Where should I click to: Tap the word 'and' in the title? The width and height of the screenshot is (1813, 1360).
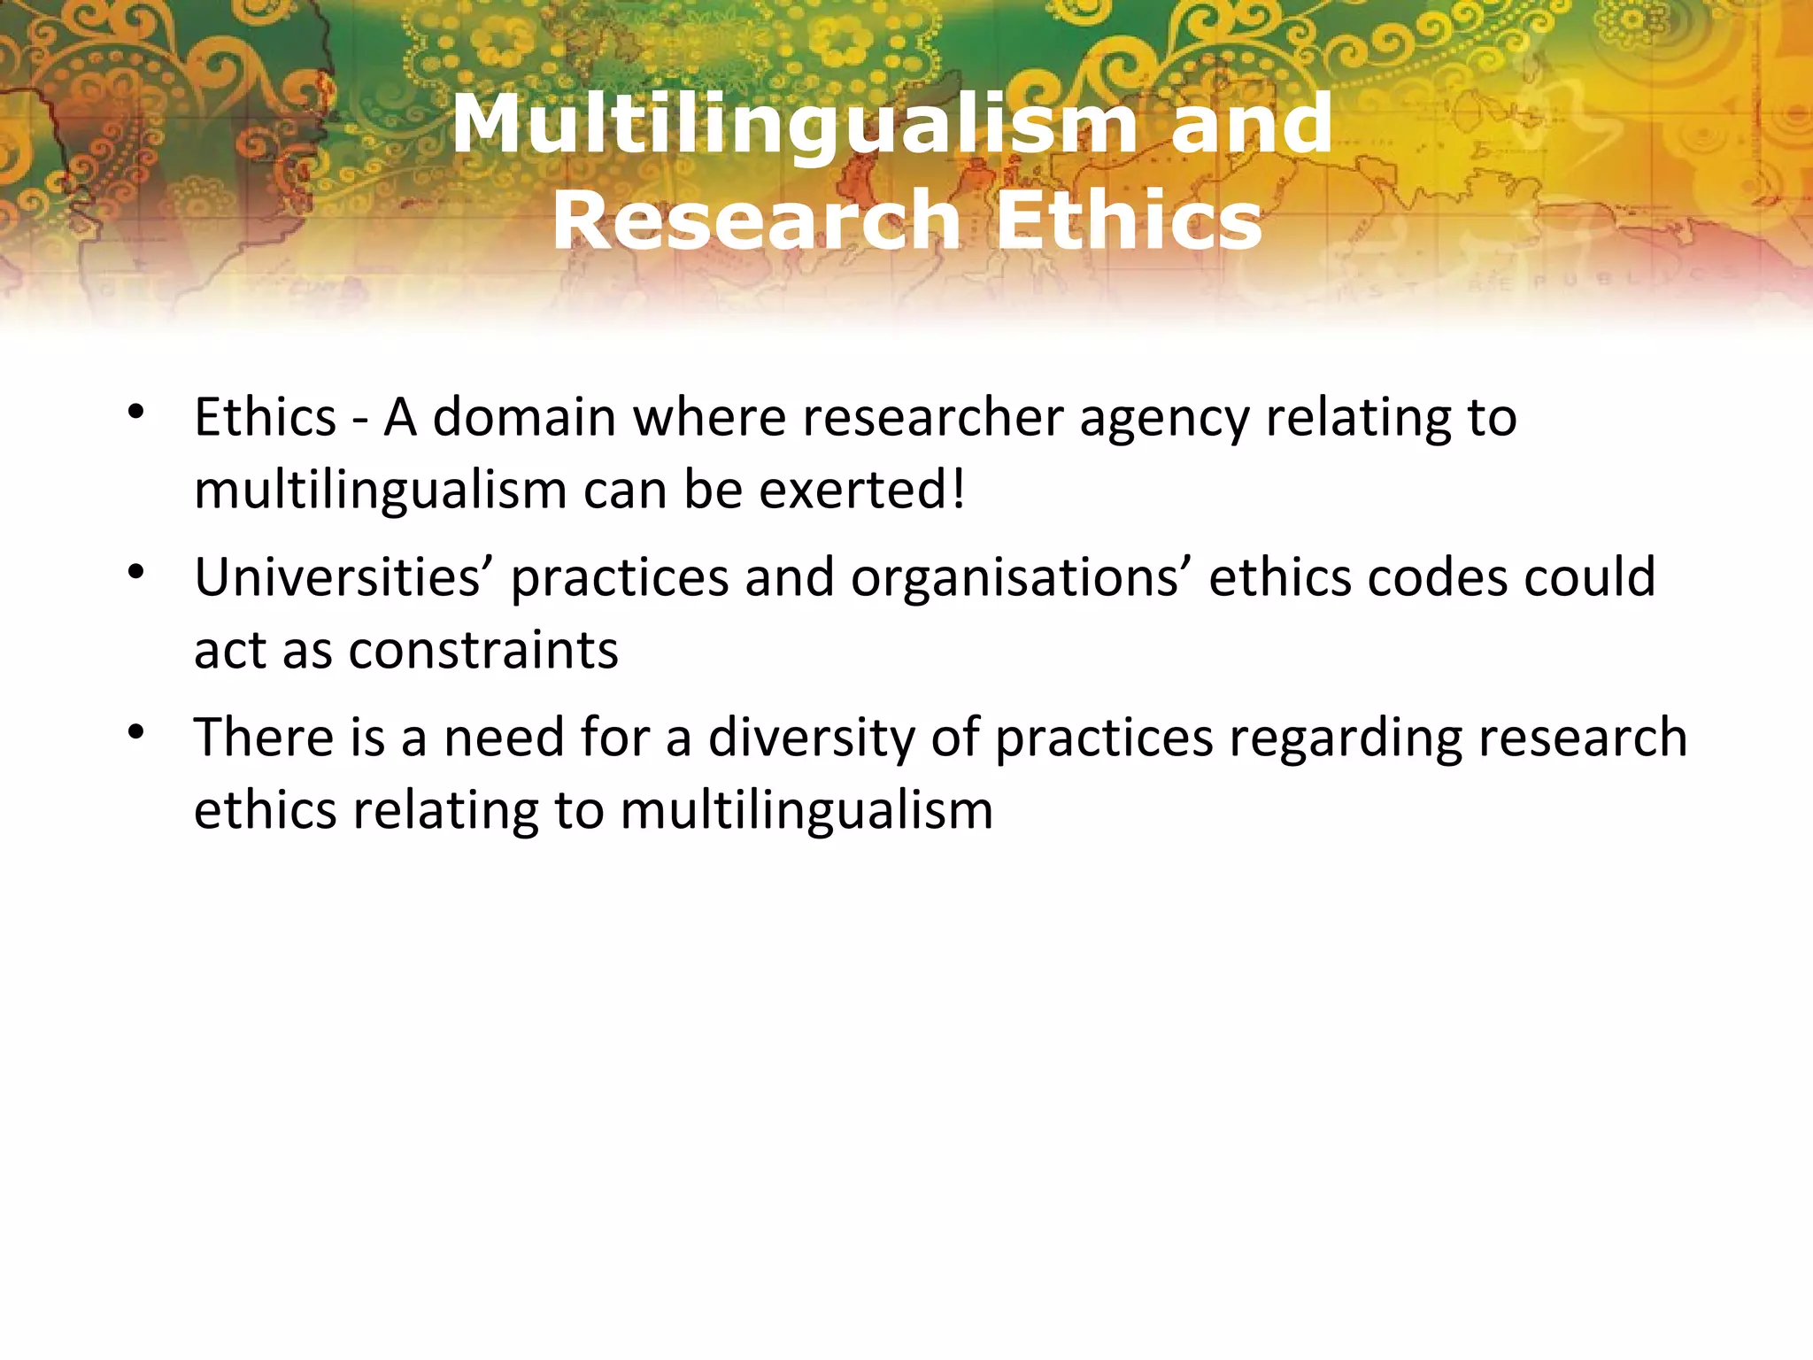point(1251,125)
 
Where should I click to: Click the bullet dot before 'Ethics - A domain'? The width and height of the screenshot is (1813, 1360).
point(135,412)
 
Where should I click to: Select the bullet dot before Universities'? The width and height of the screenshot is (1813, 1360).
point(135,573)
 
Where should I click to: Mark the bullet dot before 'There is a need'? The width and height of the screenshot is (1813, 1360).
point(135,732)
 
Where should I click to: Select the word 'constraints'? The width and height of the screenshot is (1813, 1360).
point(483,651)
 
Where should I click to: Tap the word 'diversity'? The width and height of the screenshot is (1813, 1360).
point(811,738)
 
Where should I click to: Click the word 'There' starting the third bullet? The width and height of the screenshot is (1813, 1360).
point(264,738)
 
